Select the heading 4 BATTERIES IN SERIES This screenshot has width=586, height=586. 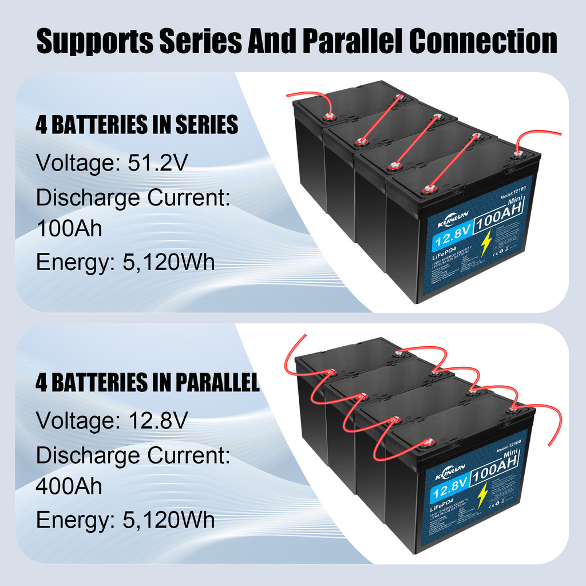coord(137,124)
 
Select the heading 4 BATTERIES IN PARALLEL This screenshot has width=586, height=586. coord(148,383)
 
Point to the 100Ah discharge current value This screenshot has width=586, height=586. coord(69,229)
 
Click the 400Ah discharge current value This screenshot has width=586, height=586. coord(69,486)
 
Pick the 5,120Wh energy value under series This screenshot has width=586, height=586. coord(169,263)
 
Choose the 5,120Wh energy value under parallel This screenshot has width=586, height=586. coord(169,520)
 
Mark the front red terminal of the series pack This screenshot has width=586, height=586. coord(426,189)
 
